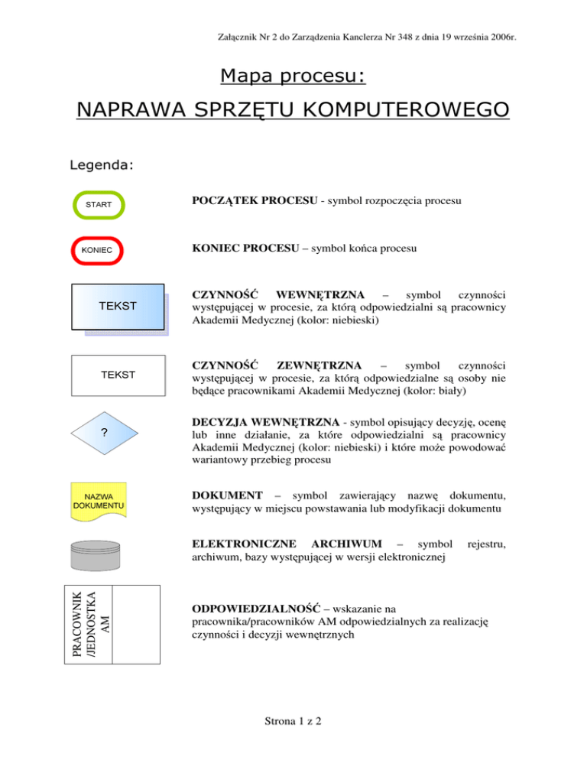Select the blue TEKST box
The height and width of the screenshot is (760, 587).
point(118,307)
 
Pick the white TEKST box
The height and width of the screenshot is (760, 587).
point(118,375)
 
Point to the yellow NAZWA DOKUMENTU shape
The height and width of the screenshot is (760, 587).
point(99,501)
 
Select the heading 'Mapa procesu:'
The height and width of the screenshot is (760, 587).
point(293,76)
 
